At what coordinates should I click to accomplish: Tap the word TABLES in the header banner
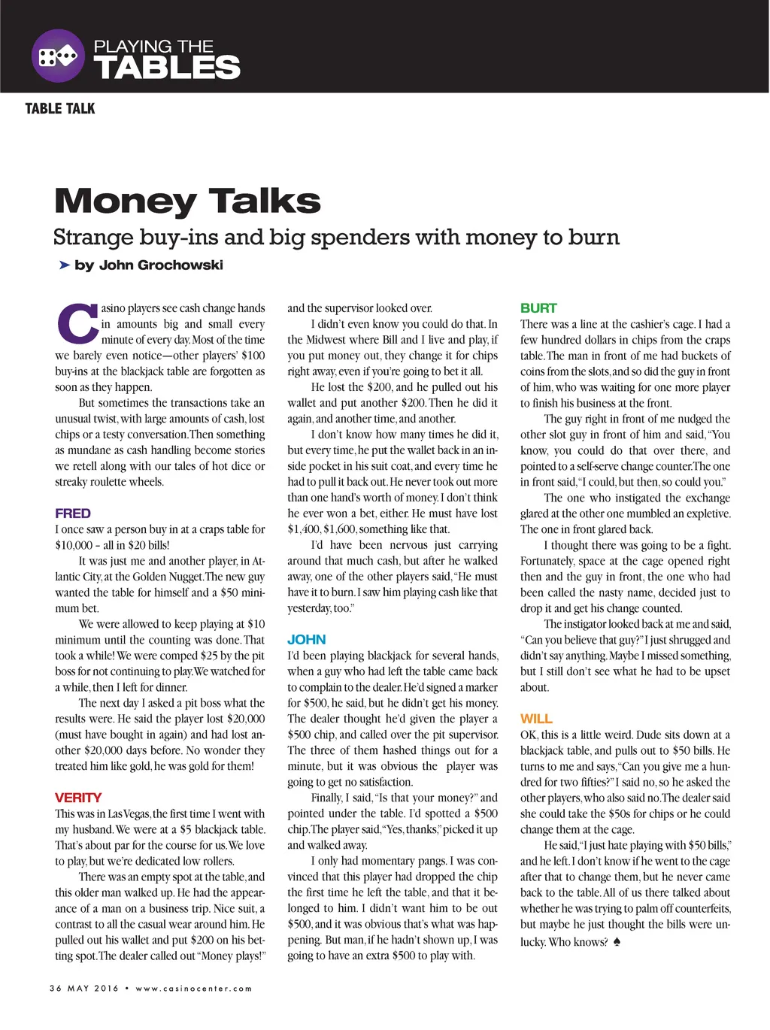pos(167,68)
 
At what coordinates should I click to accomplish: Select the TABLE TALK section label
pos(60,109)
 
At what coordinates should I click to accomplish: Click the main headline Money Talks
pos(187,201)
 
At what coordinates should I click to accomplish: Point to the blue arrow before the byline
pos(64,265)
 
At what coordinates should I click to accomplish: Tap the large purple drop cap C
pos(77,323)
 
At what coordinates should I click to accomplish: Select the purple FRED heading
pos(73,513)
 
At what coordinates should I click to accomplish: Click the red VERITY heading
pos(78,798)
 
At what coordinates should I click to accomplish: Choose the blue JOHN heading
pos(307,640)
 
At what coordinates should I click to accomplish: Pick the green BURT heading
pos(538,308)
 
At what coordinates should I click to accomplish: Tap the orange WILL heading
pos(536,719)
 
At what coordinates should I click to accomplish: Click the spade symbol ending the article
pos(617,941)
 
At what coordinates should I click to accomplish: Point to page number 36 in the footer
pos(56,988)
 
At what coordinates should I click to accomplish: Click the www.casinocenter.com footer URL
pos(194,988)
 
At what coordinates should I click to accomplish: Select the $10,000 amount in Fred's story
pos(74,545)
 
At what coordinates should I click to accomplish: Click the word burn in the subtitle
pos(594,238)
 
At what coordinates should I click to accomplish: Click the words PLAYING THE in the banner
pos(153,46)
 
